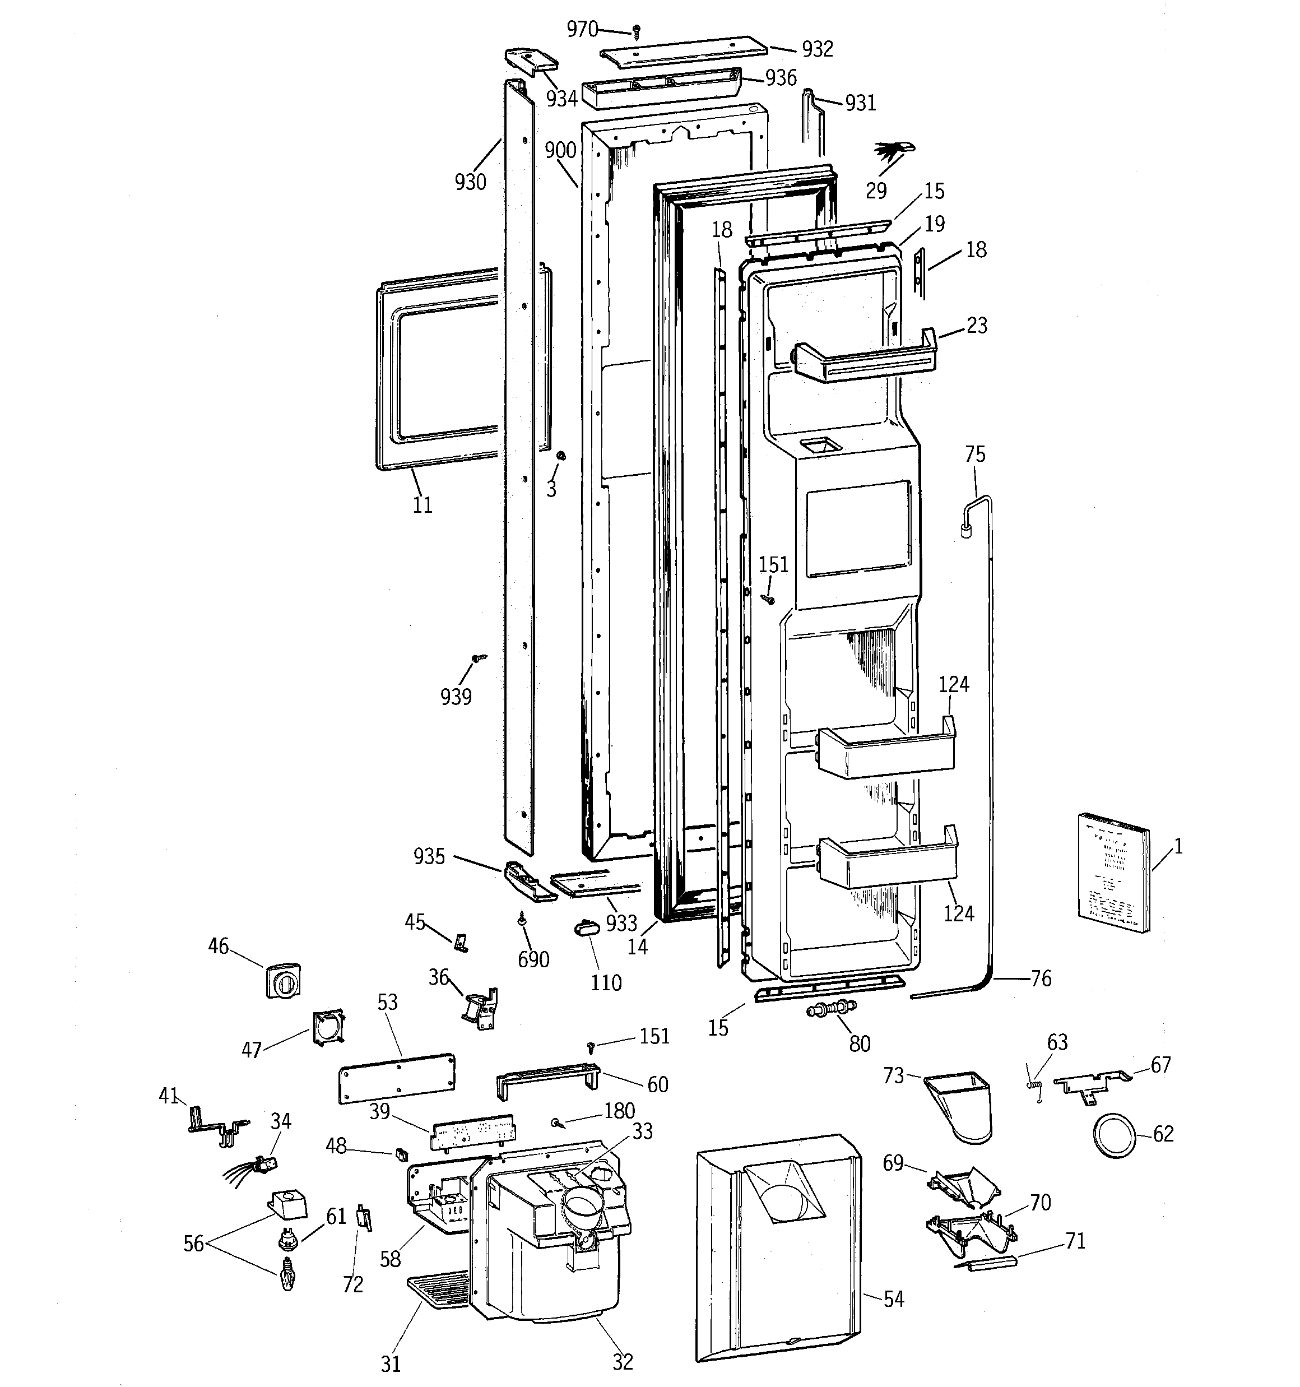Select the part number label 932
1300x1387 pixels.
tap(817, 49)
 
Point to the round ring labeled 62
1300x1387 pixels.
tap(1115, 1135)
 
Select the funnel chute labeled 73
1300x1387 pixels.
tap(962, 1107)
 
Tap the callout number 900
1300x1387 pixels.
tap(560, 150)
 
